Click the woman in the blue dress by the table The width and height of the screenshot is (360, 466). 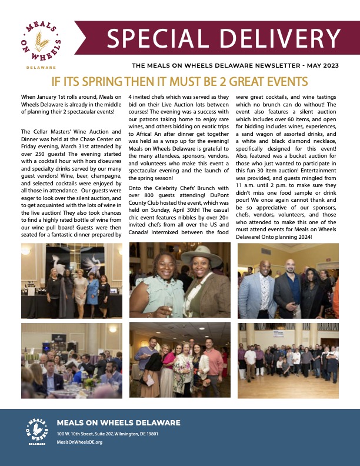pyautogui.click(x=92, y=291)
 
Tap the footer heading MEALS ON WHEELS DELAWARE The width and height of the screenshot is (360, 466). pyautogui.click(x=118, y=423)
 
